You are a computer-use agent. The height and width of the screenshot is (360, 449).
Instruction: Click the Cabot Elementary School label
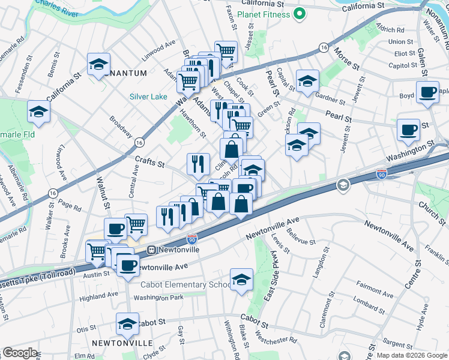coord(185,285)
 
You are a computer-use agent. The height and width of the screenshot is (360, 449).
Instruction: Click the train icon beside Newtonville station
coord(152,249)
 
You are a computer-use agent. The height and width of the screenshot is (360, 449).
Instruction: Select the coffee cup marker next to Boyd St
coord(427,92)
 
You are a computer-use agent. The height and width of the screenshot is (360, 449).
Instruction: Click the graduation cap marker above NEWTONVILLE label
coord(127,324)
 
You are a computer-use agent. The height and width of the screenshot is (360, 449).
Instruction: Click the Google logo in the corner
coord(20,353)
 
